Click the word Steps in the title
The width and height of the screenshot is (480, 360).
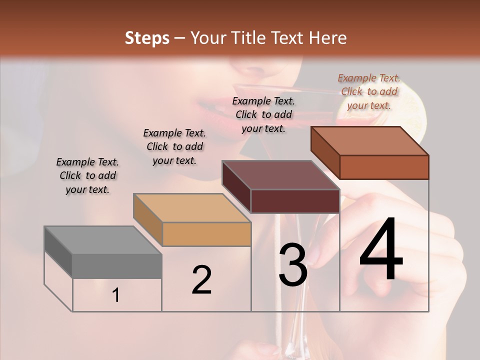147,38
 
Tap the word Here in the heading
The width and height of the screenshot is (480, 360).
326,38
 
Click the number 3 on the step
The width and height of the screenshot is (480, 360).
292,265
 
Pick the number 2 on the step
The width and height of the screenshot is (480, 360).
201,280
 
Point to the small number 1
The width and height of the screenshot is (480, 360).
116,295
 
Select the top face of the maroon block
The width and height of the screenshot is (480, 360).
280,175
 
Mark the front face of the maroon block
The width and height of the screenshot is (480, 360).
295,201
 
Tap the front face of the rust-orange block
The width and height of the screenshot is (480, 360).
384,167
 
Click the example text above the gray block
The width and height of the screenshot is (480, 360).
87,175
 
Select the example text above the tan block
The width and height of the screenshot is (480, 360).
174,146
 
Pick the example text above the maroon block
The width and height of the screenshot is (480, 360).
263,114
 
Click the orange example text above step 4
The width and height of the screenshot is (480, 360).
369,91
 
